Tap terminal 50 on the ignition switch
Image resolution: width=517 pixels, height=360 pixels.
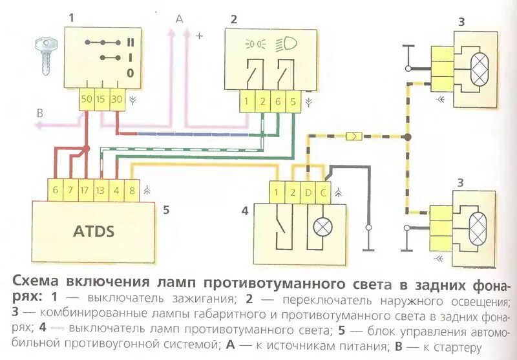coord(87,100)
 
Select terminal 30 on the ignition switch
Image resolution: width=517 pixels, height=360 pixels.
coord(117,100)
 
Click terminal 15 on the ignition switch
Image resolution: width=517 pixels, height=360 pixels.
coord(102,100)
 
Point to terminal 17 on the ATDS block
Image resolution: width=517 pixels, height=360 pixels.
coord(84,190)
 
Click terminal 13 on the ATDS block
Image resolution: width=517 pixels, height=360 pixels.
coord(100,190)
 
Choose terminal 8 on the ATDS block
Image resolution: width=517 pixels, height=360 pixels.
coord(131,190)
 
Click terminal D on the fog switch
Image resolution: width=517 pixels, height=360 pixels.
coord(308,193)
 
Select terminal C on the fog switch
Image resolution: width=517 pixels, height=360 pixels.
coord(322,193)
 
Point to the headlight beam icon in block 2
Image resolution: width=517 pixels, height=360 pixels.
coord(286,45)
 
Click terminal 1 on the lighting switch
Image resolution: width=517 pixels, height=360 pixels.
coord(246,101)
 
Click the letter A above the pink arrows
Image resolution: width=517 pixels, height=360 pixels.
coord(179,19)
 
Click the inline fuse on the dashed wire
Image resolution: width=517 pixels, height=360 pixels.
coord(355,136)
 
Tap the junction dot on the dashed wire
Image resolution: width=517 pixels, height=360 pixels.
coord(407,137)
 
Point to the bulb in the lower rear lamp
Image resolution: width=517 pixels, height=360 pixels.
coord(478,227)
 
